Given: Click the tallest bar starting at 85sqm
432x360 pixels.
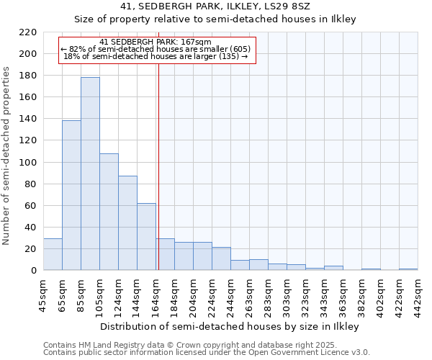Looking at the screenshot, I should [90, 174].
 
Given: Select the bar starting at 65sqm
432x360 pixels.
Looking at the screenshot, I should [71, 195].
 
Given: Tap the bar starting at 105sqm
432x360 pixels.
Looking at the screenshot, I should [109, 212].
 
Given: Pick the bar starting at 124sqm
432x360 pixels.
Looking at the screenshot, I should [127, 223].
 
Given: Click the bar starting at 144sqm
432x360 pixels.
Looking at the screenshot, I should [146, 237].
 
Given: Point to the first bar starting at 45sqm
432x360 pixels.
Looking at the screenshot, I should [53, 254].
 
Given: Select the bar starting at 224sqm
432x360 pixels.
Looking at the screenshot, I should [221, 258].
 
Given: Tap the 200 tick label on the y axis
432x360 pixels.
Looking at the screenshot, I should [28, 54].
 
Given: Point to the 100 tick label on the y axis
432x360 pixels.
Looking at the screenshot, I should [28, 162].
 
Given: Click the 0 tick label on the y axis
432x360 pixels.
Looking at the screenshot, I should [34, 271].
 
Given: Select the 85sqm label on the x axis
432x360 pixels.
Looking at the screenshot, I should [81, 294].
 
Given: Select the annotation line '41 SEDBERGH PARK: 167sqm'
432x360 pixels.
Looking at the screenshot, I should [156, 42].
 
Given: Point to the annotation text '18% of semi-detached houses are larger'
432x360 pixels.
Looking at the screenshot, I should [156, 57].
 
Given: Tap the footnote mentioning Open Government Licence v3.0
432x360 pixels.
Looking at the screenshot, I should [207, 353].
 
